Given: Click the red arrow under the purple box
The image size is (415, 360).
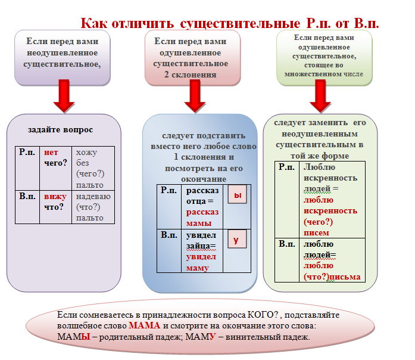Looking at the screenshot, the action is [64, 96].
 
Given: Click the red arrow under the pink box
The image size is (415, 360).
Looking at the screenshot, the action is [195, 96].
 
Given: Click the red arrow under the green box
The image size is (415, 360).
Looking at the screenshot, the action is [320, 96].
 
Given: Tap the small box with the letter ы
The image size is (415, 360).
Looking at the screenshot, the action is [238, 194].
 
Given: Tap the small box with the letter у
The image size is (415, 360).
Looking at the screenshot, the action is [237, 239].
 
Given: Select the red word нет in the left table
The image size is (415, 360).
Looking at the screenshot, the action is [51, 153].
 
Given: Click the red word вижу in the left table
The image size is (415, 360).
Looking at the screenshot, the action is [55, 197].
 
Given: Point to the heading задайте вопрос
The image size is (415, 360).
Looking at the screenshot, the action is [60, 130].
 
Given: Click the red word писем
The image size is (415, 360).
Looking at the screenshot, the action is [316, 233].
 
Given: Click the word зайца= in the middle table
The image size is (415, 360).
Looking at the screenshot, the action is [201, 246].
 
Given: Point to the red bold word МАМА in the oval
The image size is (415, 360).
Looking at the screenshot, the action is [145, 325].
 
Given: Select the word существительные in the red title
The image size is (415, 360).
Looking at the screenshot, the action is [240, 24].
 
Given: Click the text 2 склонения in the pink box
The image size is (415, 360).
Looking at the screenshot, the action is [190, 75].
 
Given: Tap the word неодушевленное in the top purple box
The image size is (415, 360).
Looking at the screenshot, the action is [63, 53].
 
